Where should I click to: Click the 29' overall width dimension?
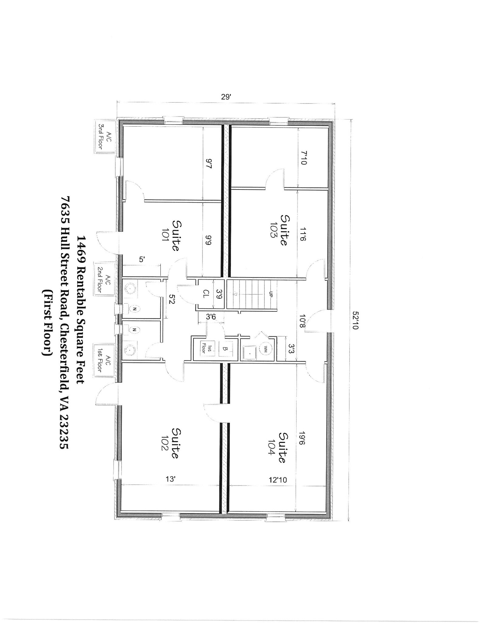pyautogui.click(x=226, y=97)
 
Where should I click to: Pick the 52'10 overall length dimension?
pyautogui.click(x=356, y=320)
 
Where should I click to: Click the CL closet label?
pyautogui.click(x=206, y=294)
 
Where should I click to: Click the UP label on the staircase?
pyautogui.click(x=271, y=294)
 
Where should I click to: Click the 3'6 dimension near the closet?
pyautogui.click(x=211, y=317)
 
